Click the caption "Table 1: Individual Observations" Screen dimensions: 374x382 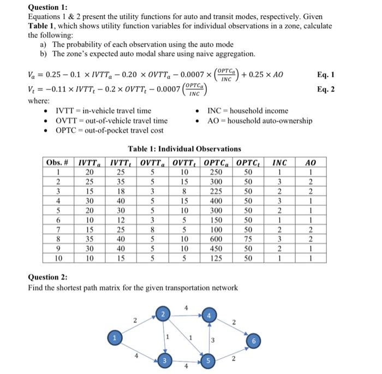coord(184,149)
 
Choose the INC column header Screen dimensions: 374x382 coord(279,162)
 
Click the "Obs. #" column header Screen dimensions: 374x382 coord(57,162)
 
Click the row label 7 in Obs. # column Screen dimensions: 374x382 coord(57,230)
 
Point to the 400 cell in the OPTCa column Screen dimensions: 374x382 coord(217,201)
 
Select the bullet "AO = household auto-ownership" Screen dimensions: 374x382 coord(260,121)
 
